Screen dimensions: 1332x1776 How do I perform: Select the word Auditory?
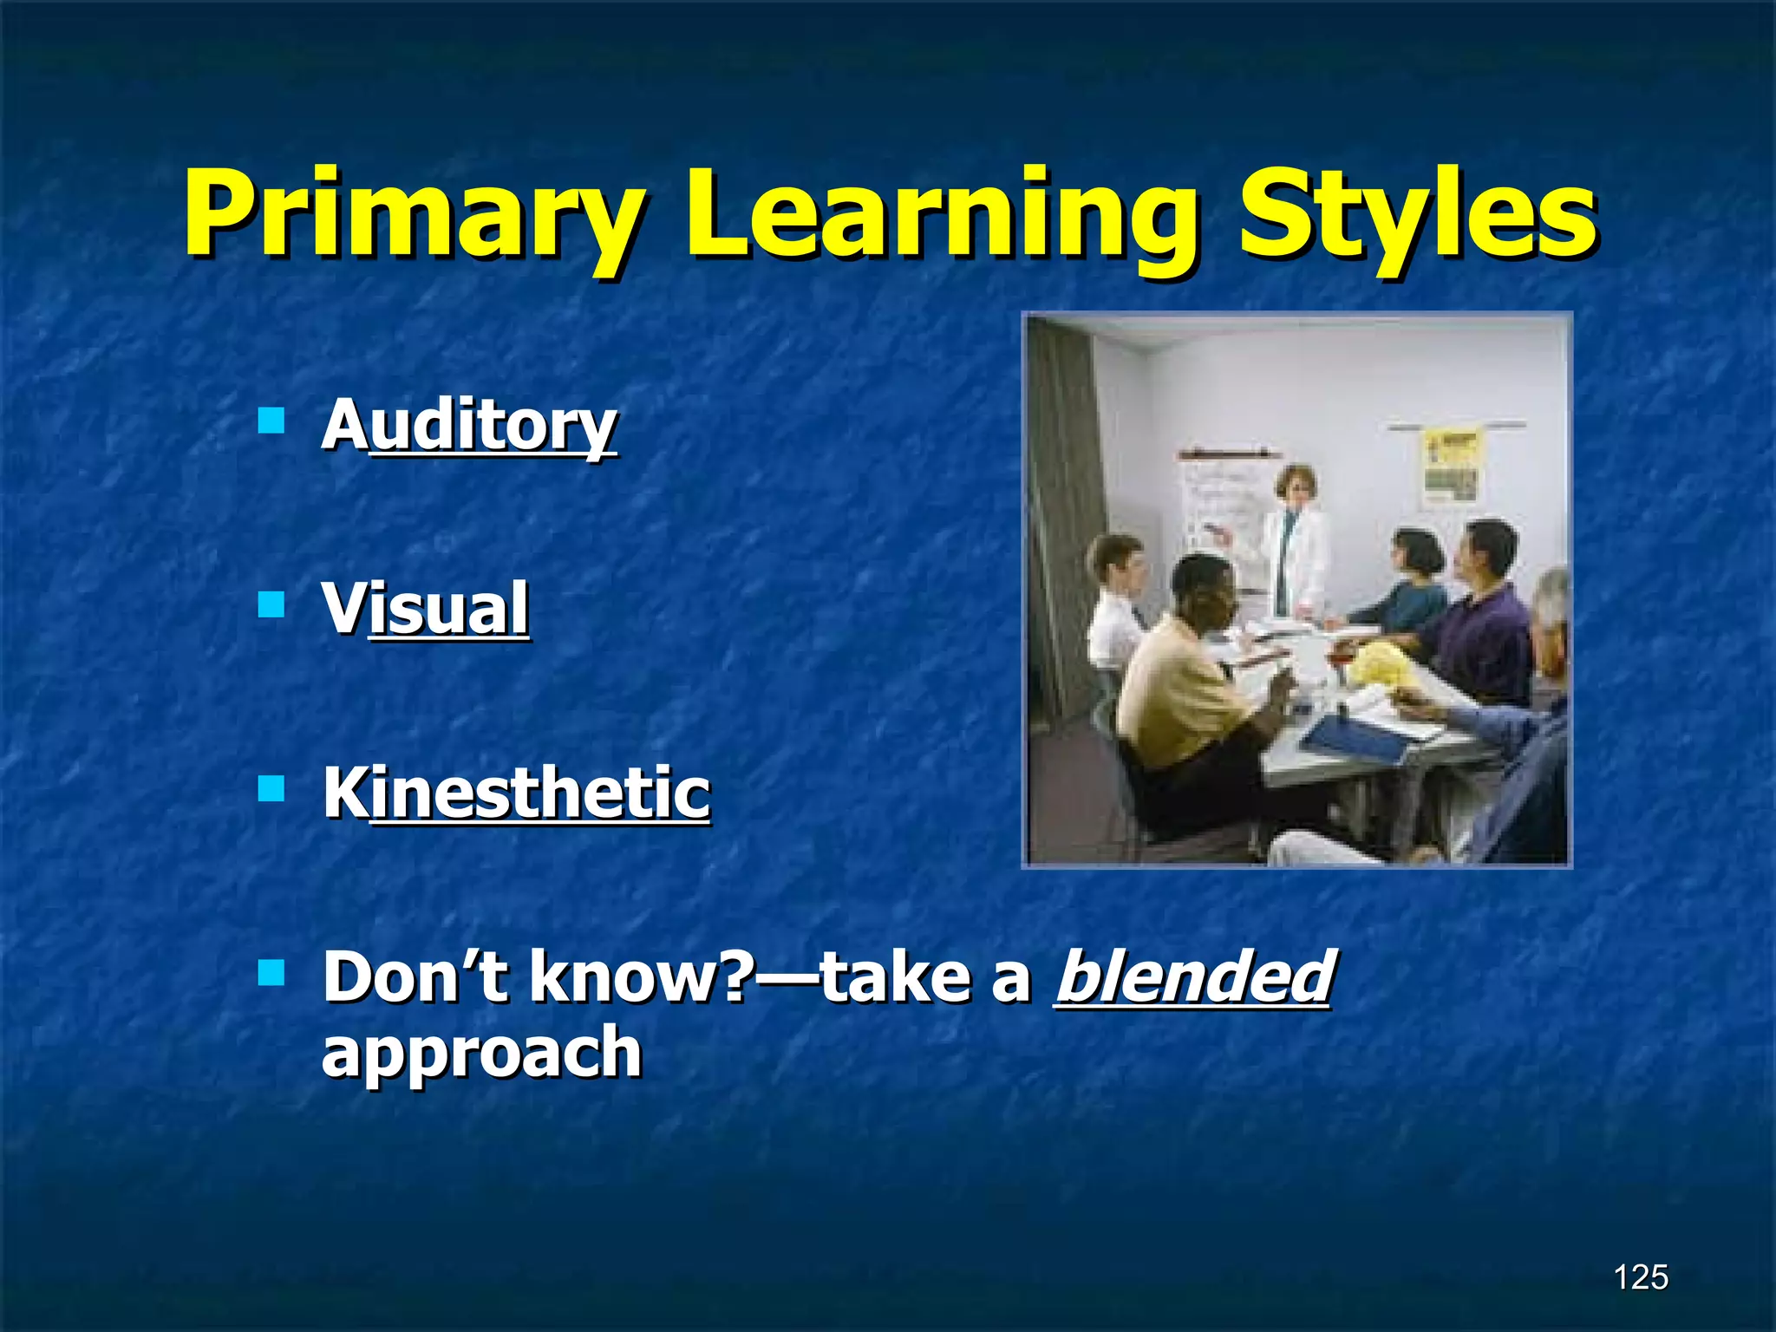(x=469, y=425)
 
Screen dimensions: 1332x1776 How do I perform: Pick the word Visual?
(x=425, y=608)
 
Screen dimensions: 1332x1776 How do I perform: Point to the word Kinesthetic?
(x=516, y=793)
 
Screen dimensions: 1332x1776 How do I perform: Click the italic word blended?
(x=1193, y=976)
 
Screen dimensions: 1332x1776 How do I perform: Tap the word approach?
(x=481, y=1051)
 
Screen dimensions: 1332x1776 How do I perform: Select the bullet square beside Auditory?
(x=271, y=421)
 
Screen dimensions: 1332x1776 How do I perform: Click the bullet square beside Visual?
(x=271, y=604)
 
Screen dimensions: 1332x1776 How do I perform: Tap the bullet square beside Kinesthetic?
(x=271, y=789)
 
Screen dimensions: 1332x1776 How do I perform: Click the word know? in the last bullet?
(x=642, y=976)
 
